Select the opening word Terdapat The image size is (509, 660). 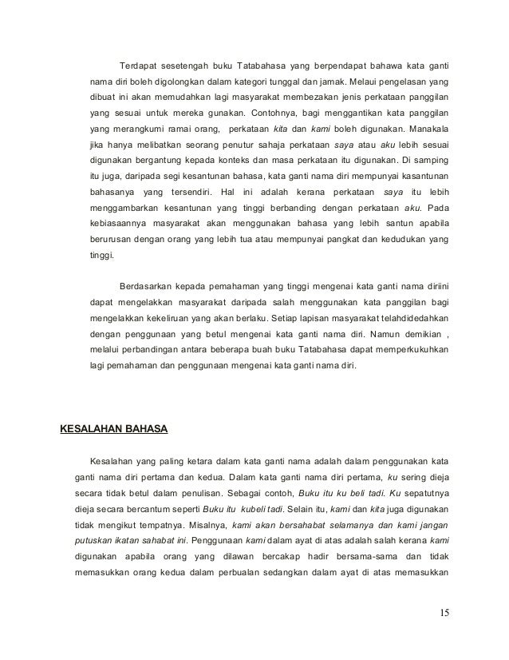click(x=138, y=65)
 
